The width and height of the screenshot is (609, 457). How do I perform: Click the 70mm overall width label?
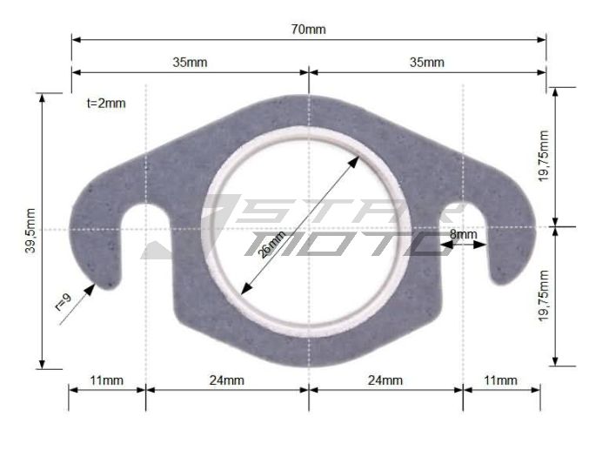[x=308, y=30]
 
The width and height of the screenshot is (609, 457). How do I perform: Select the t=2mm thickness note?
[x=106, y=103]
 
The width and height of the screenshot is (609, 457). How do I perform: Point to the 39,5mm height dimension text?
[x=30, y=231]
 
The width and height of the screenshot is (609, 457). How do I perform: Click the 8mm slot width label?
[x=463, y=234]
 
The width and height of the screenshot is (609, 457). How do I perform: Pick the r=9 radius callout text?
[x=63, y=301]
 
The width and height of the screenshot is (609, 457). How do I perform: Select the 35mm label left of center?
[x=190, y=62]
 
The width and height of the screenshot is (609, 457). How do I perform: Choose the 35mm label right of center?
[x=426, y=62]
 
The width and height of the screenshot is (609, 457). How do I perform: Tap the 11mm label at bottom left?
[x=106, y=380]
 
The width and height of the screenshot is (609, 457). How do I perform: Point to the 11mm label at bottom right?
[x=500, y=380]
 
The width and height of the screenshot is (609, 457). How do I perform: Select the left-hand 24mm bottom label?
[x=227, y=380]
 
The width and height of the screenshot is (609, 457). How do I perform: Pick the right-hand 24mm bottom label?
[x=385, y=380]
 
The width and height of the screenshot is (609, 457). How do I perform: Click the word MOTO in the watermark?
[x=348, y=242]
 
